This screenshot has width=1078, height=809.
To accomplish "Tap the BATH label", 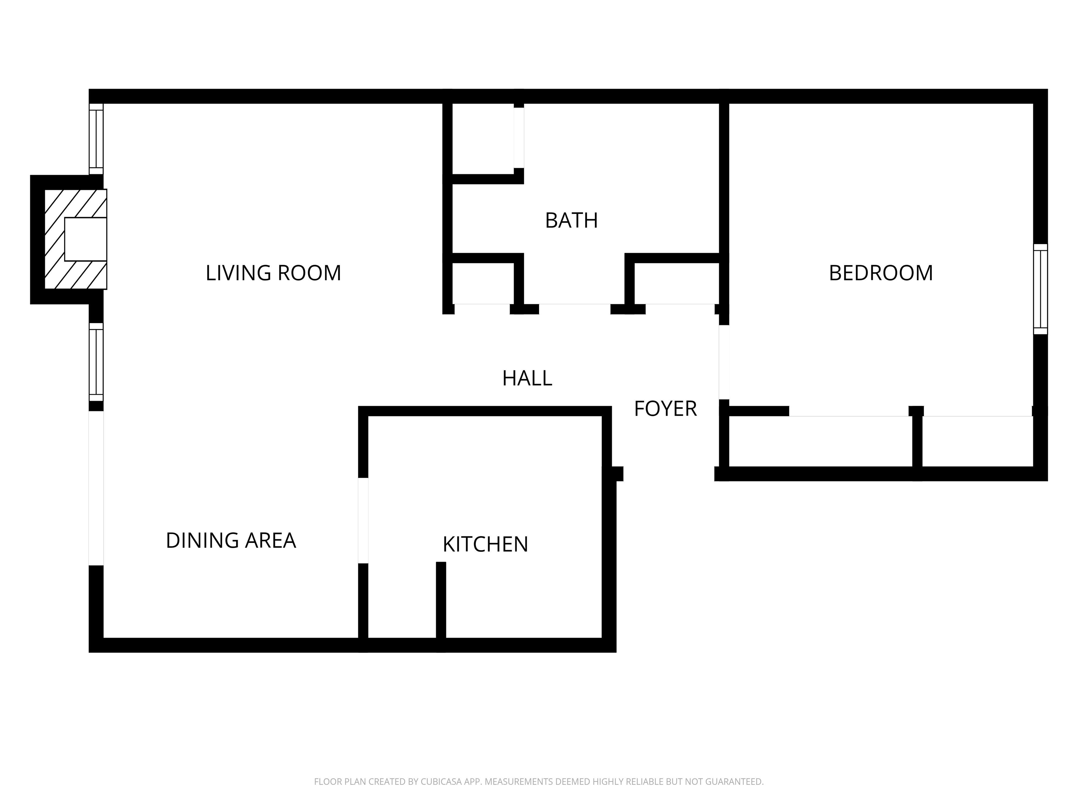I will [571, 221].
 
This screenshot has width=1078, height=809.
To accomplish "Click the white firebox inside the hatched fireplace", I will [85, 239].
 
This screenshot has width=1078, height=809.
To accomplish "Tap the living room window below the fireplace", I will [96, 361].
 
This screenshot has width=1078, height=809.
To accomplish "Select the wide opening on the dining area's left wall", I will [96, 488].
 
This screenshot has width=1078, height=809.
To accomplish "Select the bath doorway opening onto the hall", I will [574, 309].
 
